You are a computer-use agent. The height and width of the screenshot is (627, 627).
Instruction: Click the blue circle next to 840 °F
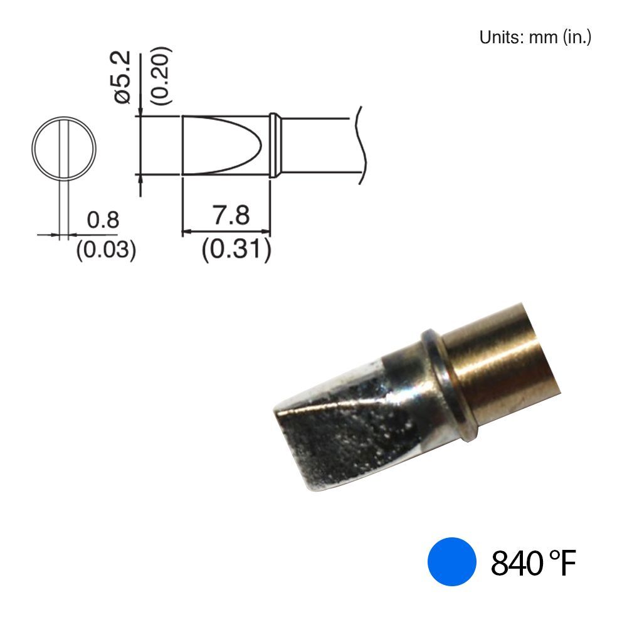coord(451,561)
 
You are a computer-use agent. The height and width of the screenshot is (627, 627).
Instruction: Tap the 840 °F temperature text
coord(533,562)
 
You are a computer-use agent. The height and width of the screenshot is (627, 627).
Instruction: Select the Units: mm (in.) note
coord(535,38)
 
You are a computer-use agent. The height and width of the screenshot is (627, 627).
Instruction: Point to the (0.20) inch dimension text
coord(162,76)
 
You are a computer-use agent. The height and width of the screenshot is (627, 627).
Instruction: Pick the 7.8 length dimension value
coord(231,215)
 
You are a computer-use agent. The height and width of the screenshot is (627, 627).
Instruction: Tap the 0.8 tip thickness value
coord(103,219)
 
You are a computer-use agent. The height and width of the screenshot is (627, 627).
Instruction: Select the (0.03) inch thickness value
coord(106,250)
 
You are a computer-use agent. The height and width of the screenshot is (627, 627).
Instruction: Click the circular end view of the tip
coord(64,149)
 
